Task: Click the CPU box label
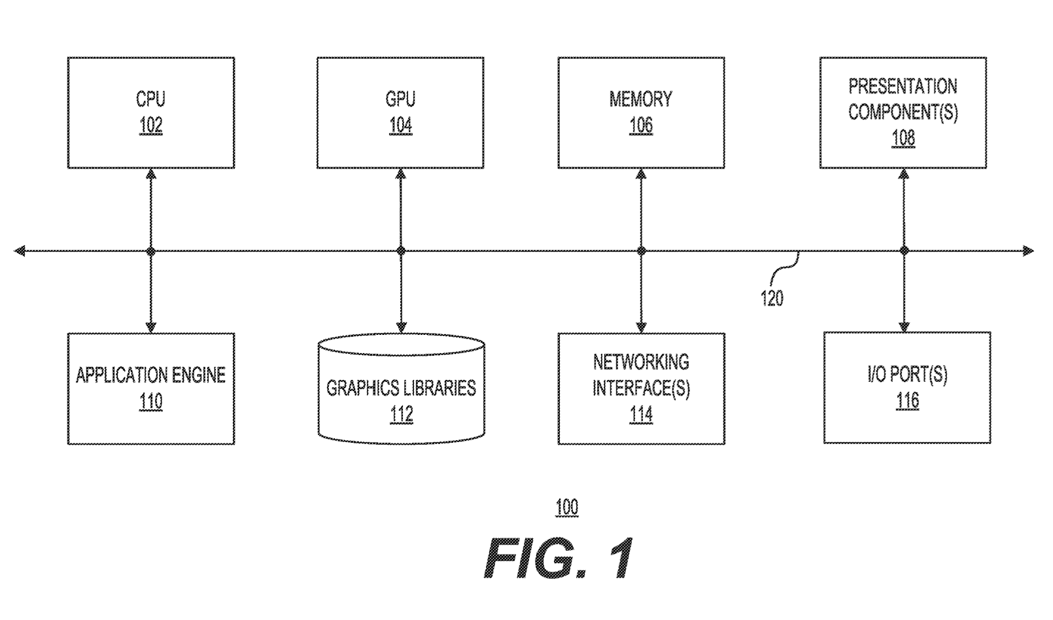(150, 99)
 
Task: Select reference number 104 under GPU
(400, 126)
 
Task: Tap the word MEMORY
(641, 99)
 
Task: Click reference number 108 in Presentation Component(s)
(903, 139)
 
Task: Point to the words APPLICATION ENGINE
(150, 375)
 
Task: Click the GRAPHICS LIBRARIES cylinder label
(401, 388)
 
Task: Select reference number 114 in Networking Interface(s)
(641, 415)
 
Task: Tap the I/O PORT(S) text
(907, 375)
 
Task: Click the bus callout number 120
(772, 299)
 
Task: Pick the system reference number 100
(566, 508)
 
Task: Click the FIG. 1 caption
(559, 559)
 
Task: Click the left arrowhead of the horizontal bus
(20, 251)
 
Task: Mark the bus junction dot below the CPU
(151, 251)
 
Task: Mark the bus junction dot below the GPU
(401, 251)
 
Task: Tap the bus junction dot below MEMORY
(641, 251)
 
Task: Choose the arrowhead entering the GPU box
(400, 174)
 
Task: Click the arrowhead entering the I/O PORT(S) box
(905, 327)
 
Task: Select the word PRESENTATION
(903, 86)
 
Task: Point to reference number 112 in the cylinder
(401, 415)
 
